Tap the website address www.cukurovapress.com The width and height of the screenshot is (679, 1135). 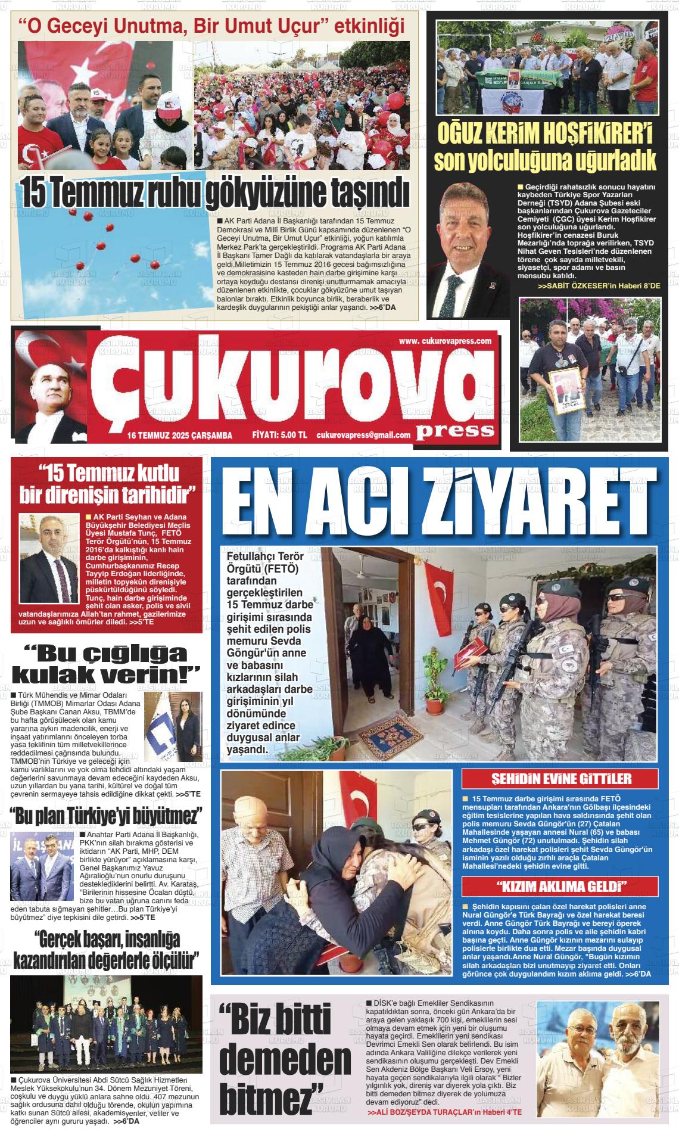pyautogui.click(x=445, y=341)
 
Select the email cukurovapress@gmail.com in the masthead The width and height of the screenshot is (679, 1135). pyautogui.click(x=363, y=436)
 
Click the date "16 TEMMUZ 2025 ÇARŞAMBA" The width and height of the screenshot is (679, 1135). pyautogui.click(x=179, y=436)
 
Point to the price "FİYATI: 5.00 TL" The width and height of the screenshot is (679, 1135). pyautogui.click(x=279, y=436)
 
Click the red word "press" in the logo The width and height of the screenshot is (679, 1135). pyautogui.click(x=455, y=430)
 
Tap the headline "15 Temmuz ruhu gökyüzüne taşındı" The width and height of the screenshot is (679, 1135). pyautogui.click(x=215, y=191)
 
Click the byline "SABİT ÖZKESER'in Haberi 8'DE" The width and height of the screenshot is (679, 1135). pyautogui.click(x=599, y=287)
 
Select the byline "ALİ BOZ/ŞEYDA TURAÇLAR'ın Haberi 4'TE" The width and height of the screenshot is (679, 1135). pyautogui.click(x=445, y=1113)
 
